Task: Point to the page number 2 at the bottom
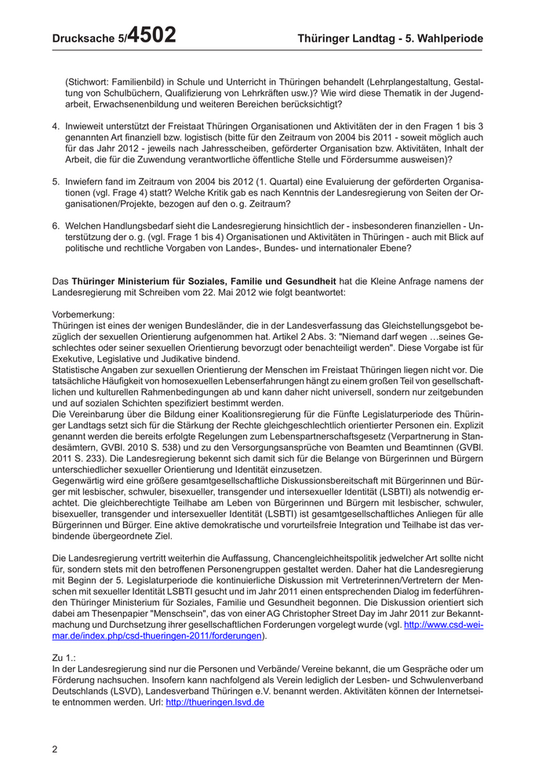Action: tap(55, 749)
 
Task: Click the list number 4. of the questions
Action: tap(56, 126)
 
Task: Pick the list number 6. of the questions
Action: tap(56, 225)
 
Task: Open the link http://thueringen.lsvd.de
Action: tap(214, 702)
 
